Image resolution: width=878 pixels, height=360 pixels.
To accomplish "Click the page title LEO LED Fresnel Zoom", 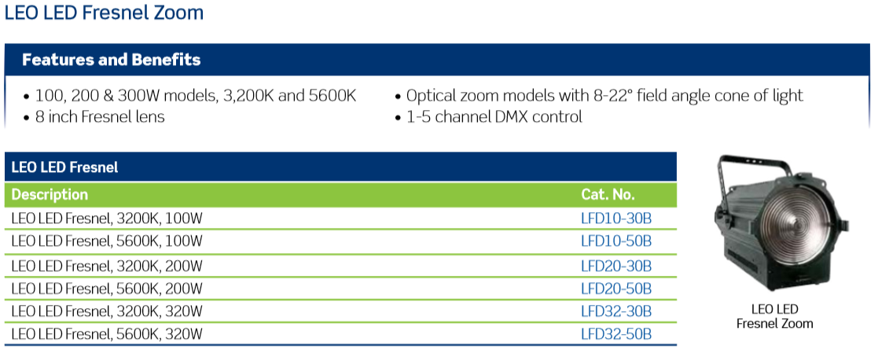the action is [x=105, y=13].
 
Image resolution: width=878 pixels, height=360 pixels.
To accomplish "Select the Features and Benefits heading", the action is [x=112, y=60].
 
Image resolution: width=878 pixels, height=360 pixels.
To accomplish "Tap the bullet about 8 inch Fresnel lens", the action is [x=94, y=117].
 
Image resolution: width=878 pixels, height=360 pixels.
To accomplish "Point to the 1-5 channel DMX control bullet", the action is [x=489, y=117].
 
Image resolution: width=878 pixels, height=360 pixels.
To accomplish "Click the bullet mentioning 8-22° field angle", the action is [x=599, y=96].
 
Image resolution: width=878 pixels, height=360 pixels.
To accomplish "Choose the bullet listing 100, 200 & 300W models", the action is [x=189, y=96].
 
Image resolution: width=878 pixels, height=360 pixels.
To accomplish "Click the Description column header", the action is [x=50, y=195].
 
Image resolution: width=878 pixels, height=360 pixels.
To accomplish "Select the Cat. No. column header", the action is [x=608, y=195].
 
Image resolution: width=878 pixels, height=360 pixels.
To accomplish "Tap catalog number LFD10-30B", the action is [x=616, y=219].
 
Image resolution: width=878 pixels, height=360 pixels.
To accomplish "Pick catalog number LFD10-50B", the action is [x=616, y=241].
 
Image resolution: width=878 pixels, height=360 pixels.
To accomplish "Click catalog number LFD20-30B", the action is [x=616, y=266].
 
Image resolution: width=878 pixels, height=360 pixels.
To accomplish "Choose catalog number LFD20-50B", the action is [x=616, y=289].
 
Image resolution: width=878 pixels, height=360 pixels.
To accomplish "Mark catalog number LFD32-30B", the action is [x=616, y=311].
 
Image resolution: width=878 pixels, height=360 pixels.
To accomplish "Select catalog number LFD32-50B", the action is [x=616, y=335].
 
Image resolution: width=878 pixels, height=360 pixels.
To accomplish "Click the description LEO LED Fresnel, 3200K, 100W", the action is [x=106, y=219].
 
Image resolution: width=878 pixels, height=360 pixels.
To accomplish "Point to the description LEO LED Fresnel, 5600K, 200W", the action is [x=107, y=289].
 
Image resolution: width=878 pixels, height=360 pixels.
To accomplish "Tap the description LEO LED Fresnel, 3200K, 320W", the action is [x=107, y=311].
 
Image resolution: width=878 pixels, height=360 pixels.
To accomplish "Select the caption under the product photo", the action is [x=774, y=316].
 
